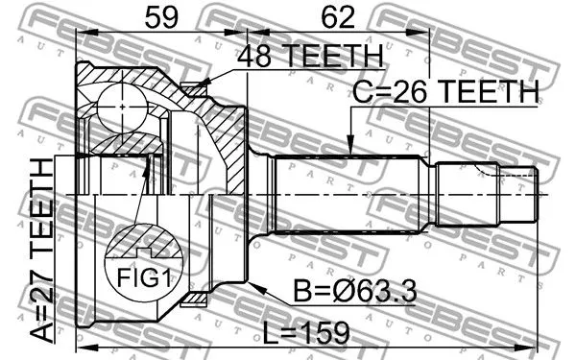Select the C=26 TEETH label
(x=444, y=92)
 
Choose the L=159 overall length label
(x=308, y=332)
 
